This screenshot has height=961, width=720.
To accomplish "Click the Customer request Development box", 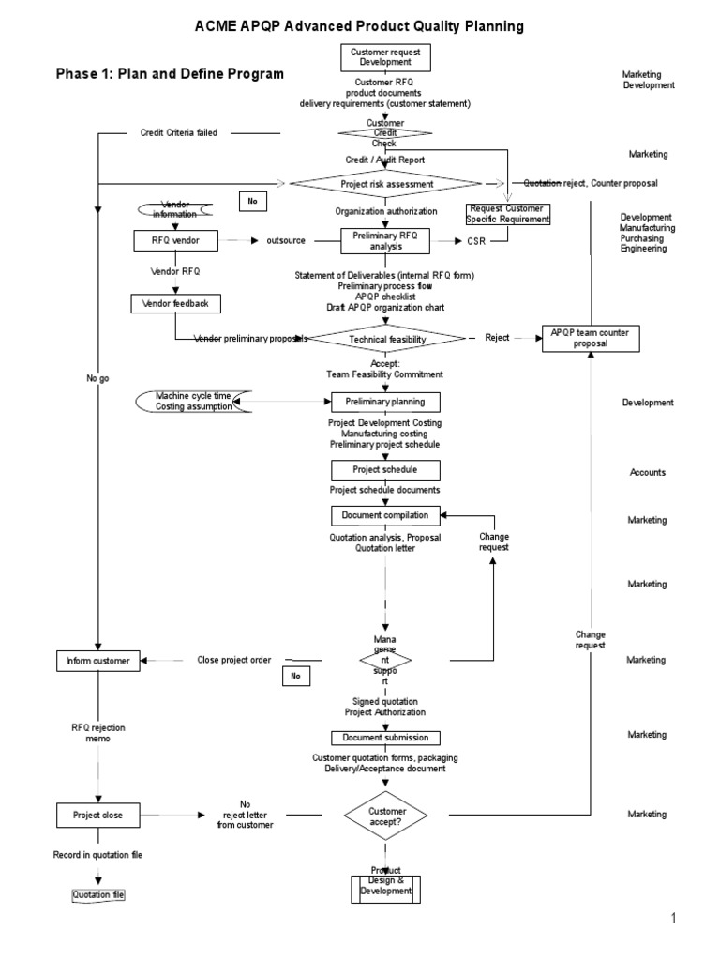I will (385, 58).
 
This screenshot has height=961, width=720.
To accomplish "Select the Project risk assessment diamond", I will (385, 185).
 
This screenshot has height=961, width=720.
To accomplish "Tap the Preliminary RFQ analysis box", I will (385, 241).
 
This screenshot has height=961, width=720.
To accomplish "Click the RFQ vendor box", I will (173, 241).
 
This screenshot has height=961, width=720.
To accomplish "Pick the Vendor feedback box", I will (175, 303).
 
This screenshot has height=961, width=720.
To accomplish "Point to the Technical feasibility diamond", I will (385, 338).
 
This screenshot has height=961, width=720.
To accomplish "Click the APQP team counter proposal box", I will (591, 338).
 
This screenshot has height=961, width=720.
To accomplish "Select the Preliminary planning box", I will (385, 402).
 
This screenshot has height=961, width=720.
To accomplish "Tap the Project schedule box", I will (385, 469).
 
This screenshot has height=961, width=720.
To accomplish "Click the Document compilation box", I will (385, 515).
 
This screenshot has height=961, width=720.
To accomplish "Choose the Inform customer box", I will (98, 660).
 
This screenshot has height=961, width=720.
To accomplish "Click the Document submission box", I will (385, 738).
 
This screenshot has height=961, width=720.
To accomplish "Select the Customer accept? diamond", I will (385, 814).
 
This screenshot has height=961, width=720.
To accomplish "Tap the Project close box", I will (98, 814).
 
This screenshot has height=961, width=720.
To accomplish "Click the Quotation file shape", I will (98, 895).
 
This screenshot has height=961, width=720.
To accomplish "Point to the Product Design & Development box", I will (385, 886).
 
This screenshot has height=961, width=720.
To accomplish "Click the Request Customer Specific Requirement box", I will (508, 214).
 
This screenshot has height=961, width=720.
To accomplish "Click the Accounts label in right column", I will (647, 472).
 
